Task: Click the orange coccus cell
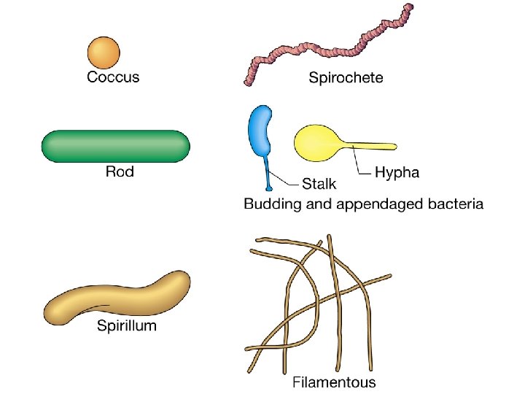(x=104, y=53)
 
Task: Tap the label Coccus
(x=113, y=77)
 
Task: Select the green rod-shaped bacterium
(x=116, y=146)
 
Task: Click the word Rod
(x=120, y=173)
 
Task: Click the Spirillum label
(x=127, y=325)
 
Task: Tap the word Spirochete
(x=346, y=77)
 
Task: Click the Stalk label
(x=319, y=184)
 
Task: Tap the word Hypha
(x=397, y=173)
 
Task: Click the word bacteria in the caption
(x=454, y=204)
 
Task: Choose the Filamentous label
(x=334, y=381)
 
